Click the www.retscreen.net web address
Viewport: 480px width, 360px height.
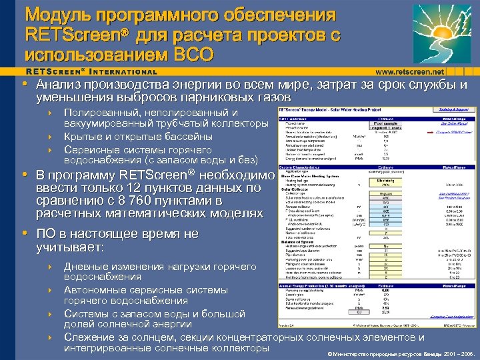pos(409,71)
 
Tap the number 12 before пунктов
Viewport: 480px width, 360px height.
pos(129,187)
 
